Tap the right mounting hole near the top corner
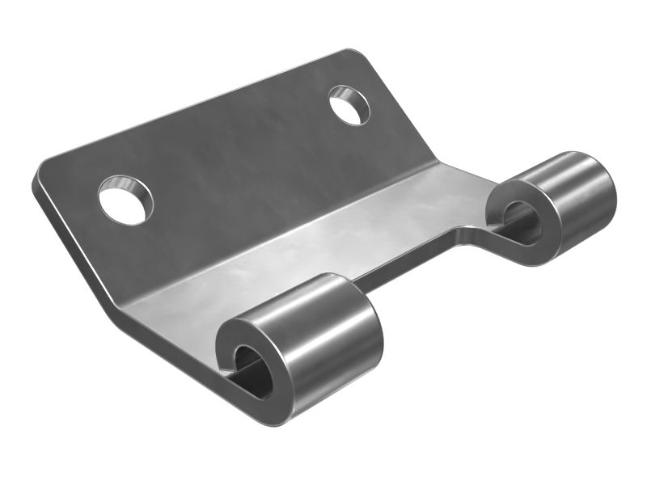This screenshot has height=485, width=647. pyautogui.click(x=349, y=105)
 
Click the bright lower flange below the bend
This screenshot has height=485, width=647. pyautogui.click(x=307, y=242)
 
